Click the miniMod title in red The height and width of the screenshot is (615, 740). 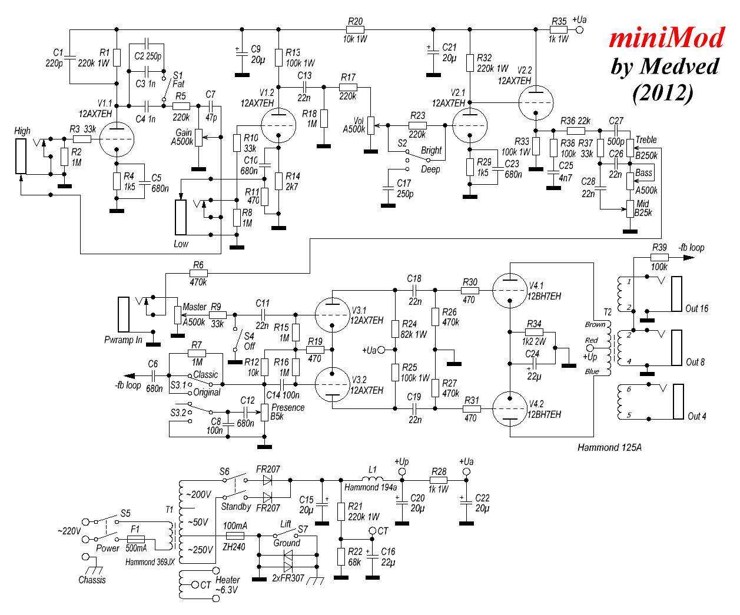click(x=666, y=38)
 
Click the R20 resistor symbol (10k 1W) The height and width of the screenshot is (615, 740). click(x=355, y=29)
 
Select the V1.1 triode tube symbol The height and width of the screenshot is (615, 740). click(x=116, y=139)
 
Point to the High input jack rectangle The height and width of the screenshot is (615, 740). click(x=21, y=156)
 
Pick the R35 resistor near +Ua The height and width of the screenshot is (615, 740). click(x=559, y=29)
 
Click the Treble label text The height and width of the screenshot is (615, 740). click(x=645, y=140)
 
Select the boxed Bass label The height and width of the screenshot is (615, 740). click(x=644, y=173)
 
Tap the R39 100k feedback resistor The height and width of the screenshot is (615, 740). click(x=659, y=257)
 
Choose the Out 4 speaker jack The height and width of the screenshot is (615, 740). click(x=677, y=402)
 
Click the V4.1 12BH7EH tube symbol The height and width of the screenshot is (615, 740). click(x=509, y=291)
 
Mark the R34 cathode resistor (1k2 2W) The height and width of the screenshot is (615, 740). click(x=535, y=332)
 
